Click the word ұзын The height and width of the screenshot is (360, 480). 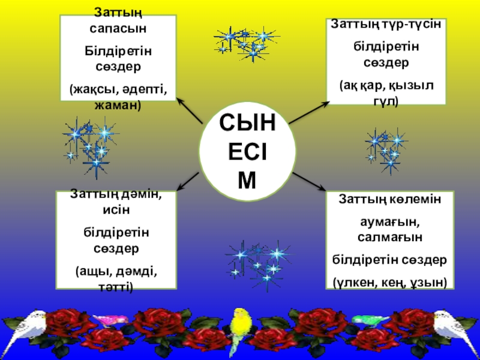click(x=430, y=279)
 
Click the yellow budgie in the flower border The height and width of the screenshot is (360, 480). click(x=242, y=327)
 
